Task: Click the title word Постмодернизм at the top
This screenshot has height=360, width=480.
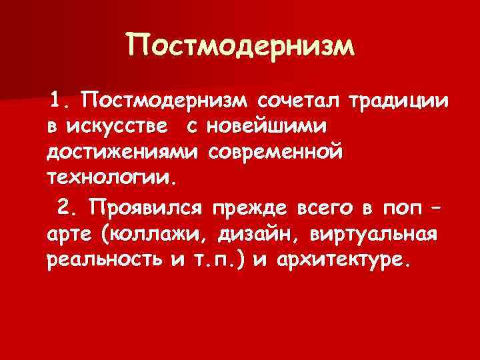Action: tap(239, 46)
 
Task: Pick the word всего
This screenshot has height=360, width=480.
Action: tap(327, 207)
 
